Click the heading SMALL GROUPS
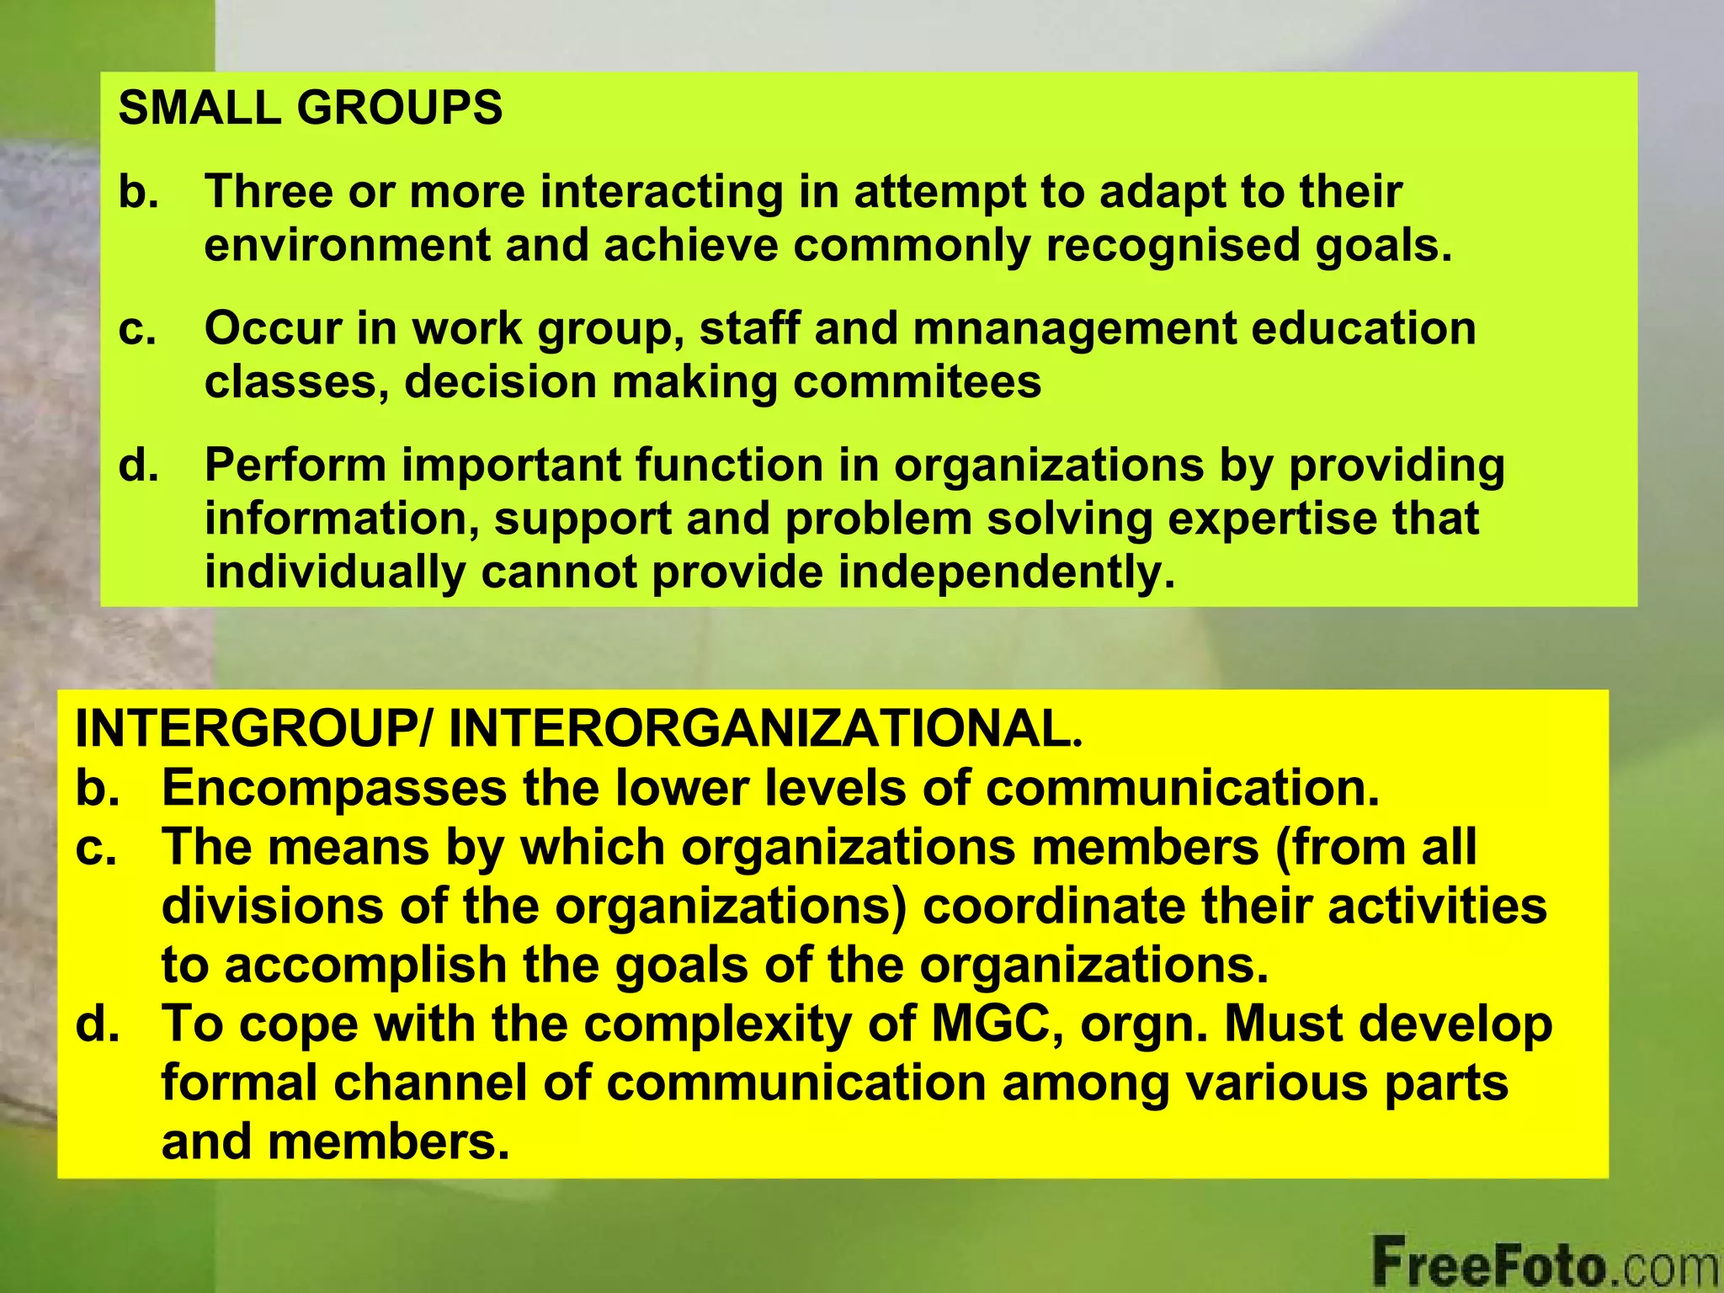[310, 109]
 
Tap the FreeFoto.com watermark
[1546, 1263]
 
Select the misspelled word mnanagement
[1074, 328]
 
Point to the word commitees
[917, 382]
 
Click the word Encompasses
[334, 789]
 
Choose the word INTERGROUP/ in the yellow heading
[253, 729]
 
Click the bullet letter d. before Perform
[138, 466]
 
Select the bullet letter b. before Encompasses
[97, 789]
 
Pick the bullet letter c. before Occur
[137, 328]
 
